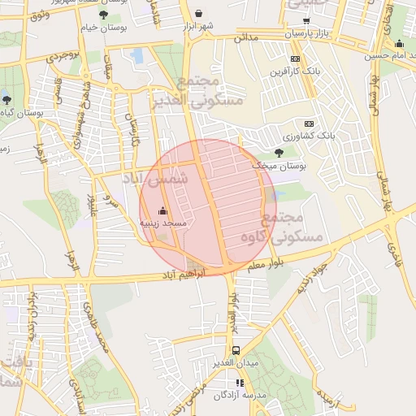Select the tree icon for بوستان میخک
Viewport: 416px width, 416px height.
click(x=279, y=152)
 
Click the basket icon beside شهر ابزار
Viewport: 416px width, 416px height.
click(x=199, y=14)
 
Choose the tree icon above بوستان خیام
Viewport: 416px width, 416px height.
click(x=102, y=15)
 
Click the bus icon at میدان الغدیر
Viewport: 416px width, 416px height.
click(x=235, y=349)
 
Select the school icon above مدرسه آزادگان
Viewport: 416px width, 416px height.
click(x=239, y=383)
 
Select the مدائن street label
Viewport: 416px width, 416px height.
click(x=245, y=37)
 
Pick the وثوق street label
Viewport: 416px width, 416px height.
click(x=37, y=15)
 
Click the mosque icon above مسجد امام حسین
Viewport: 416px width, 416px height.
click(x=398, y=44)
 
